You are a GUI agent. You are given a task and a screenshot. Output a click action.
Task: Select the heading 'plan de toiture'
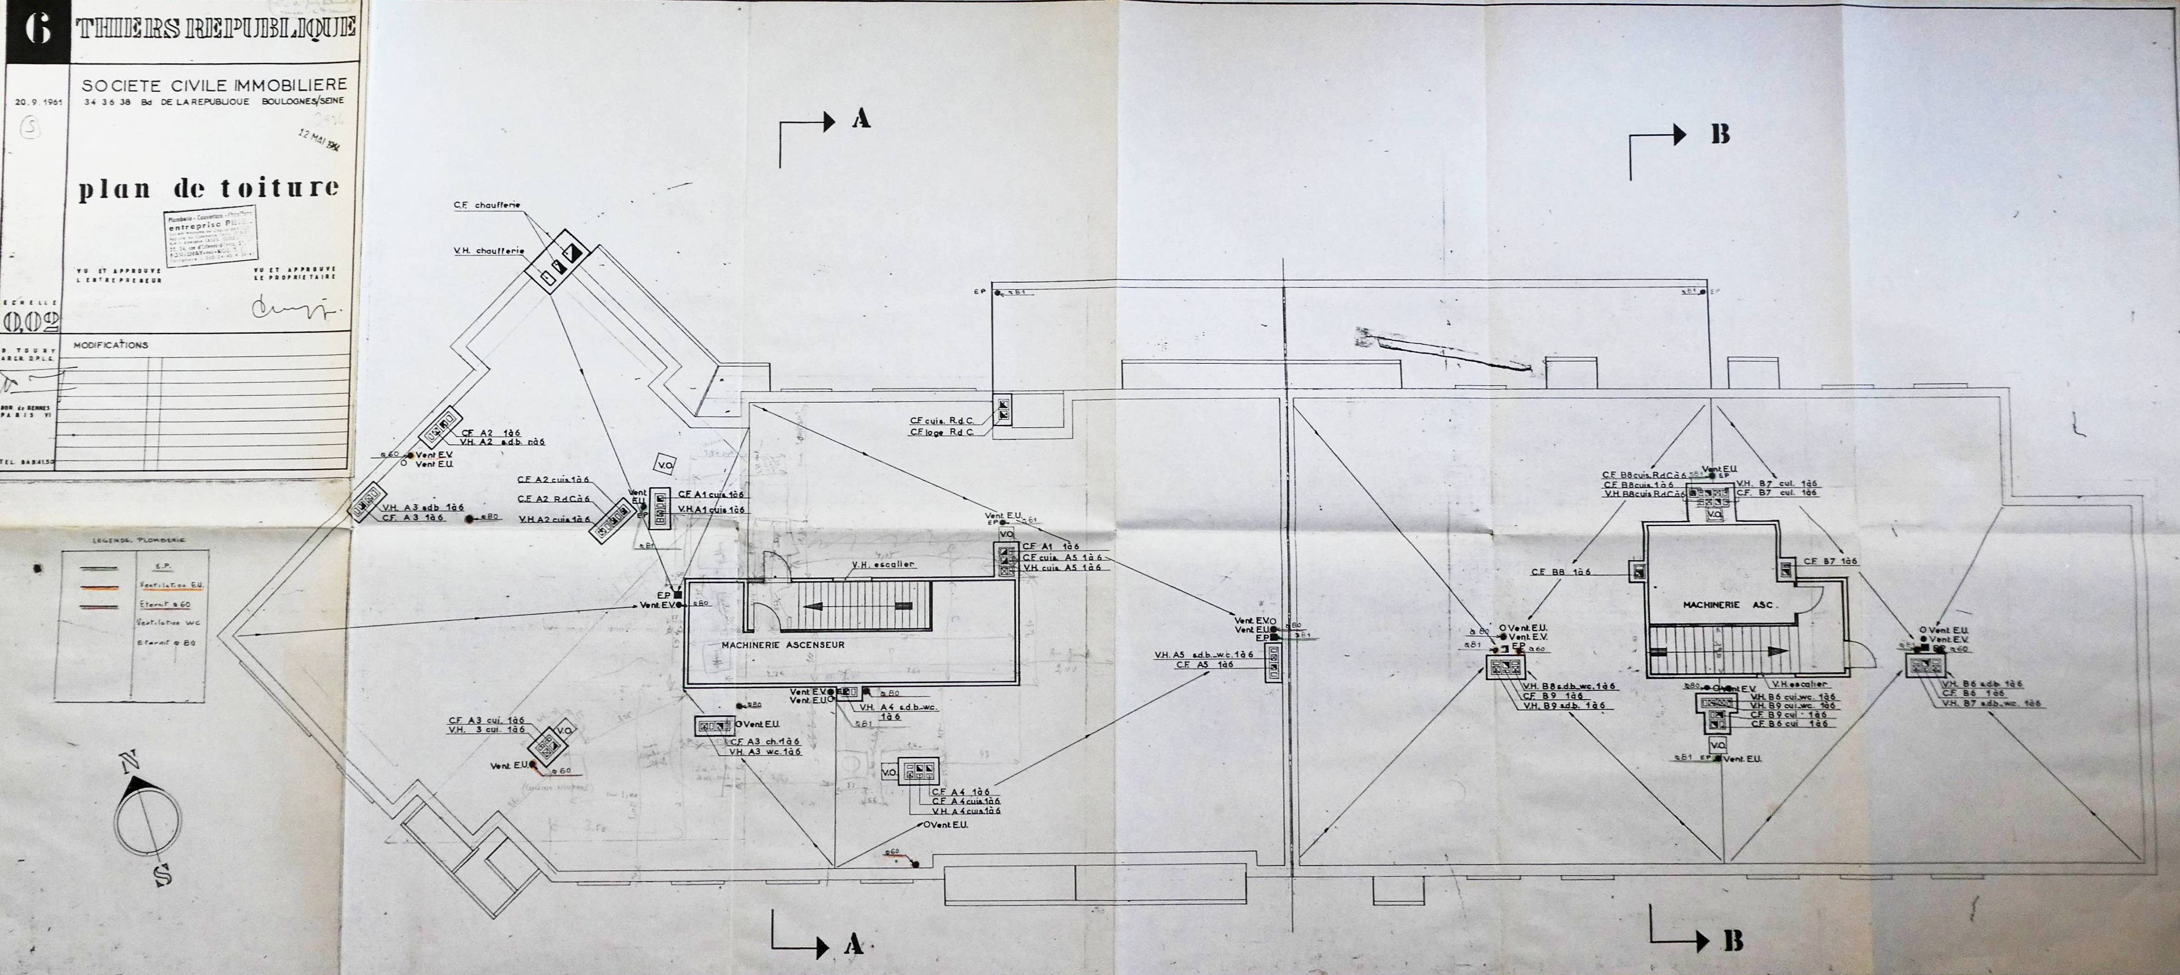(x=209, y=188)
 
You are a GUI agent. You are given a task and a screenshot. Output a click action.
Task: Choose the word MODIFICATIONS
(x=111, y=345)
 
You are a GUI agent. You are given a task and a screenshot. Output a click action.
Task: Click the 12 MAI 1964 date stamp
(x=319, y=141)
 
